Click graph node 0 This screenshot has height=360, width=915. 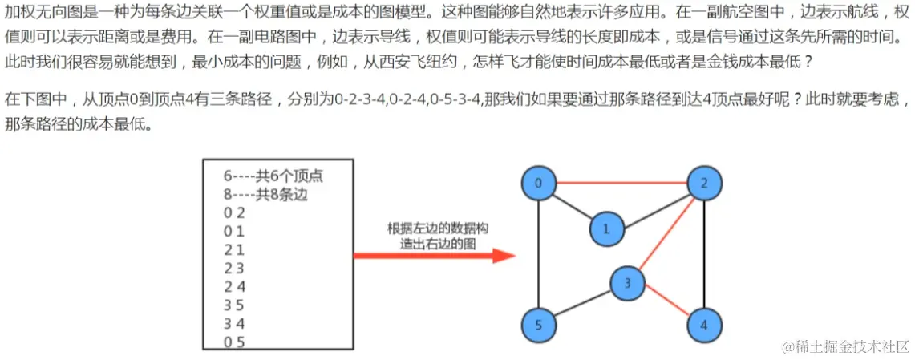539,184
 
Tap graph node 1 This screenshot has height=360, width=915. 606,229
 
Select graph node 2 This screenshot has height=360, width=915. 704,184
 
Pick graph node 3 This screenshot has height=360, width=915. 628,282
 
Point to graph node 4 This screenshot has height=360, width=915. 704,326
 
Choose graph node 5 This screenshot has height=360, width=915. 539,326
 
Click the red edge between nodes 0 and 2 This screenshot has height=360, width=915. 621,184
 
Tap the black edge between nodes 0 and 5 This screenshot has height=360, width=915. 539,255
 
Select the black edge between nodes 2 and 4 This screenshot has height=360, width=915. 704,255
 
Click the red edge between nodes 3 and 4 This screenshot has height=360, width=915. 666,305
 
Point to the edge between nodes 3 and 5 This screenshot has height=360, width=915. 583,304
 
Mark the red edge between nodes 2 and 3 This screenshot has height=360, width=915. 666,233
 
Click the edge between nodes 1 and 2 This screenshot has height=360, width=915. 655,207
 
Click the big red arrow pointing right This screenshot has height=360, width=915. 434,257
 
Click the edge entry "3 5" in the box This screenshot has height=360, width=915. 234,305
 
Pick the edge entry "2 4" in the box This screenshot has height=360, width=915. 234,286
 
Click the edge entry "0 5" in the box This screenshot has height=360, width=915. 234,342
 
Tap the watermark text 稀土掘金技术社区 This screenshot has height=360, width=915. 846,346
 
